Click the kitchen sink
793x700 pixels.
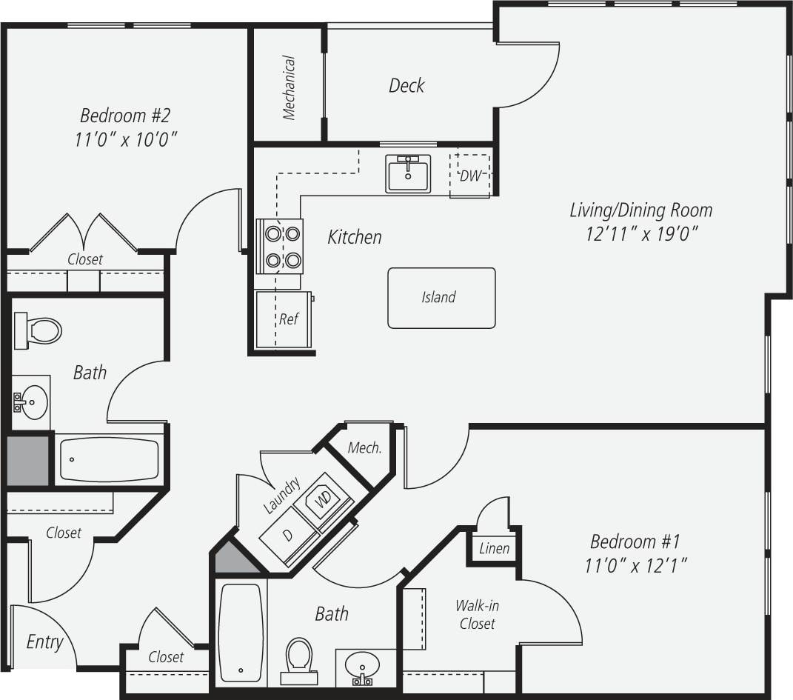click(407, 174)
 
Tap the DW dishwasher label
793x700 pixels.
click(470, 176)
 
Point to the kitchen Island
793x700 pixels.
click(441, 298)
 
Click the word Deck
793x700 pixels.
click(406, 86)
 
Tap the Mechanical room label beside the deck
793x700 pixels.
click(289, 87)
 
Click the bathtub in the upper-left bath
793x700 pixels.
click(109, 459)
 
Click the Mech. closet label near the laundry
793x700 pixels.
click(364, 448)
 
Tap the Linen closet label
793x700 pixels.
click(494, 549)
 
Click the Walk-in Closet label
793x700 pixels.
click(477, 615)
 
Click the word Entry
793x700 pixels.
click(44, 642)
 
